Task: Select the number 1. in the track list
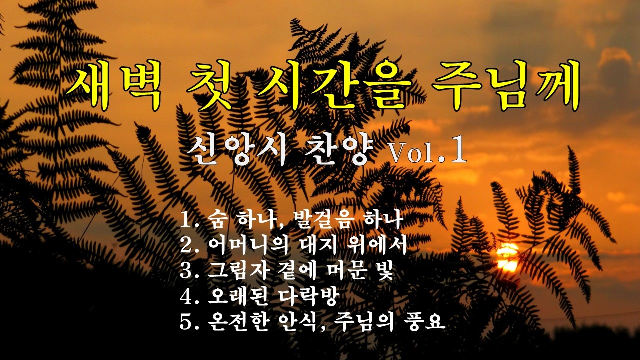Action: click(190, 219)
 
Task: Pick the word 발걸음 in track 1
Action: click(306, 219)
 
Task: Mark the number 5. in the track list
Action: click(190, 322)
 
